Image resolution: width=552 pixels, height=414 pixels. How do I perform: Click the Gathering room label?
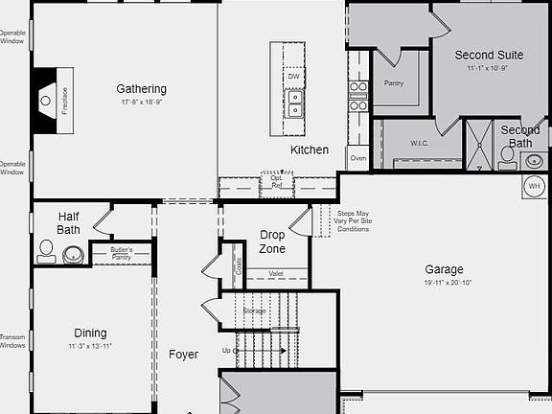click(141, 89)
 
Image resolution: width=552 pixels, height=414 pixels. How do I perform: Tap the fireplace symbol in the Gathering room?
click(47, 99)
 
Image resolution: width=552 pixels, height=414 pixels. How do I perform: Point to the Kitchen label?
click(310, 149)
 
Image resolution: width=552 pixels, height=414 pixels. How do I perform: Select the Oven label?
click(358, 157)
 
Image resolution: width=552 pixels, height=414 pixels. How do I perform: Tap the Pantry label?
click(394, 83)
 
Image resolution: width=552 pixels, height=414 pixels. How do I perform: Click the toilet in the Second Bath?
click(508, 153)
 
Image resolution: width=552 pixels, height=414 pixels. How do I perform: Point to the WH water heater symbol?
click(534, 185)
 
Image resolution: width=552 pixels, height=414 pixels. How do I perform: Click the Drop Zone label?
click(272, 241)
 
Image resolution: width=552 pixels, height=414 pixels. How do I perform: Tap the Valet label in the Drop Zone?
click(276, 273)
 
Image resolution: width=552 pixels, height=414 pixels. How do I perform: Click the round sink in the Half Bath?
click(73, 255)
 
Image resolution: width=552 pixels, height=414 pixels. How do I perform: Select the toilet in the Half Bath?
click(45, 253)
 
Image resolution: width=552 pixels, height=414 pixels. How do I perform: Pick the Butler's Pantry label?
click(121, 253)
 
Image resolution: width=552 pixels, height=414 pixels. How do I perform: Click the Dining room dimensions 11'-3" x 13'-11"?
click(90, 346)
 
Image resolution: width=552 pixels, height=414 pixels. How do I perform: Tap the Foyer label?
click(183, 355)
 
